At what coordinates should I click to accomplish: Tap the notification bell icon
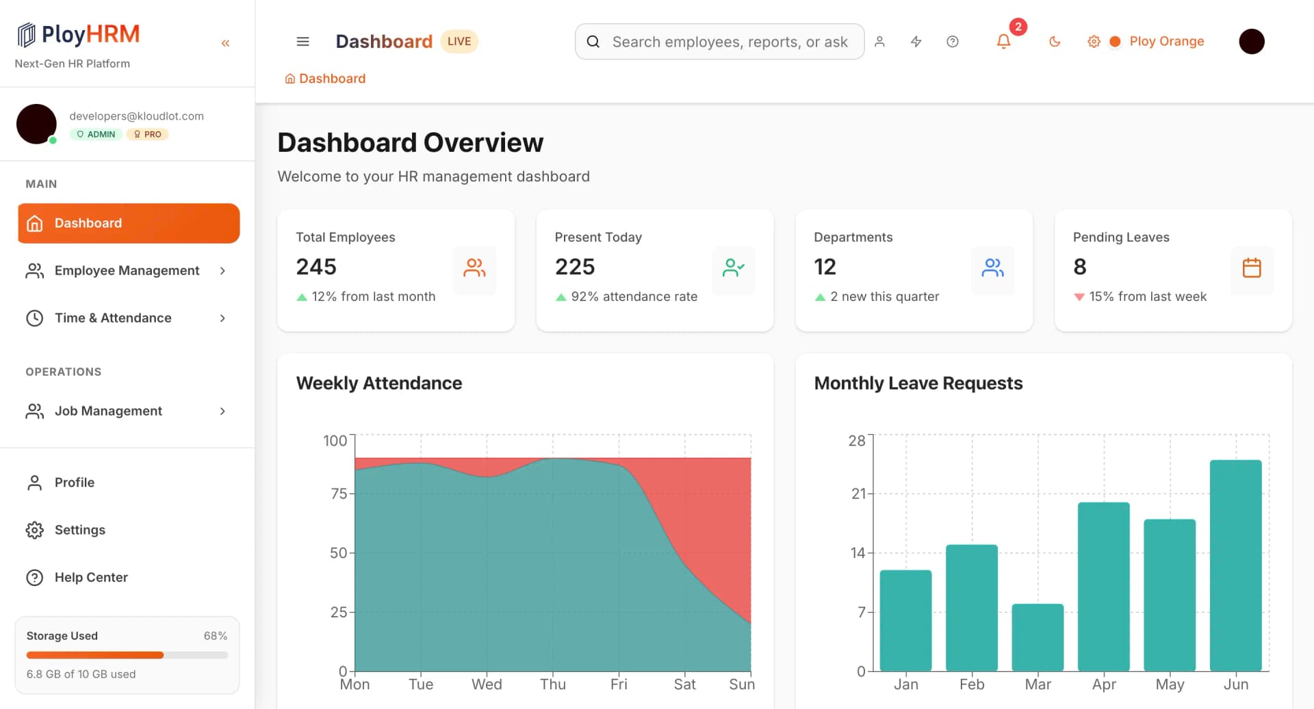point(1003,42)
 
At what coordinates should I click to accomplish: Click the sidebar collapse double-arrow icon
point(225,43)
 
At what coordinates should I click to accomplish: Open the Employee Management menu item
point(127,271)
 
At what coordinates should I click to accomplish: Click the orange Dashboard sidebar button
point(129,223)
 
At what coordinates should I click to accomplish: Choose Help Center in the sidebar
point(91,577)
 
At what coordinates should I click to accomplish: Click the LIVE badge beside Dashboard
point(459,41)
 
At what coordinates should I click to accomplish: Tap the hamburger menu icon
point(302,42)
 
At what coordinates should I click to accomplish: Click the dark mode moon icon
point(1055,42)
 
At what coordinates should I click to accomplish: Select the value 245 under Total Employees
point(316,267)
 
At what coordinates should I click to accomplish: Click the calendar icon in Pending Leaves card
point(1251,267)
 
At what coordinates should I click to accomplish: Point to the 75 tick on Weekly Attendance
point(339,494)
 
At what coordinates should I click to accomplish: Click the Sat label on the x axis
point(684,684)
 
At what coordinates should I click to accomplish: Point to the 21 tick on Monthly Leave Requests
point(858,494)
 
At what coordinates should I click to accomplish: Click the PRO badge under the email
point(148,135)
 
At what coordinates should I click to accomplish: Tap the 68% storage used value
point(215,636)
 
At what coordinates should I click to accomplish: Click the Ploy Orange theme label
point(1166,41)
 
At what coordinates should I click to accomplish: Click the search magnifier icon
point(593,42)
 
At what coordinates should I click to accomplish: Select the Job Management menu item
point(108,411)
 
